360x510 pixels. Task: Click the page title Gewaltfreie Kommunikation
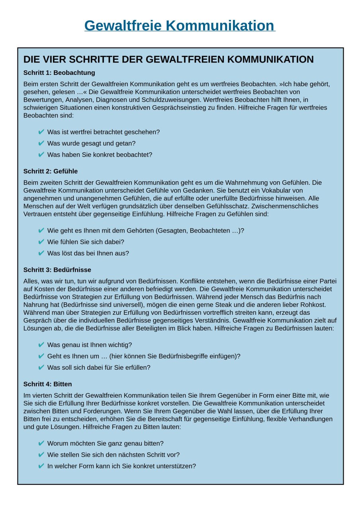[180, 25]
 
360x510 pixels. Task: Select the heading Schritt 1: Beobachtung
[59, 73]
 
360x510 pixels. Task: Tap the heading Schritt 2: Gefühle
[51, 171]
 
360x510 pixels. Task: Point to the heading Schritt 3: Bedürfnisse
[57, 270]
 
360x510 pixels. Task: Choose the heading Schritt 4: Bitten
[47, 384]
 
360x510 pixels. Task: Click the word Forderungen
[100, 411]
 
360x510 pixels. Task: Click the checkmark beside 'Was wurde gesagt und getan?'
[41, 143]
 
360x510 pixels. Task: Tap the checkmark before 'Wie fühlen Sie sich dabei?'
[41, 242]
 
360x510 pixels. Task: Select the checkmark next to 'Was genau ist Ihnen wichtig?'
[41, 345]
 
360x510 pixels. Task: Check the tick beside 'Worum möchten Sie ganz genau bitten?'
[41, 443]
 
